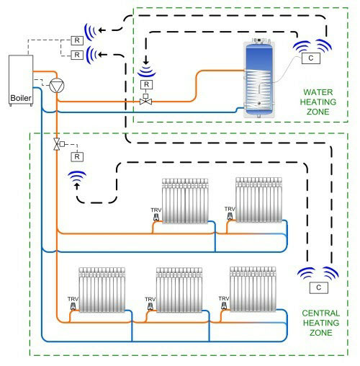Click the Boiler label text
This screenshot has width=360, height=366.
(x=21, y=98)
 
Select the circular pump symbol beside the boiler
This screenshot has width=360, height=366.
(x=57, y=85)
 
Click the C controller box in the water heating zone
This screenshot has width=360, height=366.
(x=311, y=58)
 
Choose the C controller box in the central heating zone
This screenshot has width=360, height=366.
(x=319, y=287)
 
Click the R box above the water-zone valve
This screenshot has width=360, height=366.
(x=146, y=84)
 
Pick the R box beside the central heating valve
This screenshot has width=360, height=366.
(x=77, y=157)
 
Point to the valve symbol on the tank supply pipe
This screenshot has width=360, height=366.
(x=145, y=100)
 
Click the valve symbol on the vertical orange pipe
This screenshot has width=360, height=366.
(x=58, y=144)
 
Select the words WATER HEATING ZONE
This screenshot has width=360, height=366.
(x=318, y=102)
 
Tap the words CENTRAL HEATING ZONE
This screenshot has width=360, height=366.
(x=321, y=323)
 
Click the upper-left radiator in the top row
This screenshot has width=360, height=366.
(x=185, y=201)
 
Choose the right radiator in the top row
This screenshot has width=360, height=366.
(x=258, y=200)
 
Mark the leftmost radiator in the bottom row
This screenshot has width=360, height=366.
(x=102, y=290)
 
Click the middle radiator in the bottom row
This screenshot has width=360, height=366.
(x=179, y=290)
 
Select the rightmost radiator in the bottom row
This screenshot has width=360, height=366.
(x=253, y=289)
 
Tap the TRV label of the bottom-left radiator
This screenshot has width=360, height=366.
(x=73, y=299)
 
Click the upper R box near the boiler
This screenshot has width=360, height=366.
(x=77, y=40)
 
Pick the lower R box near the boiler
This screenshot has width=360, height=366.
(x=77, y=55)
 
